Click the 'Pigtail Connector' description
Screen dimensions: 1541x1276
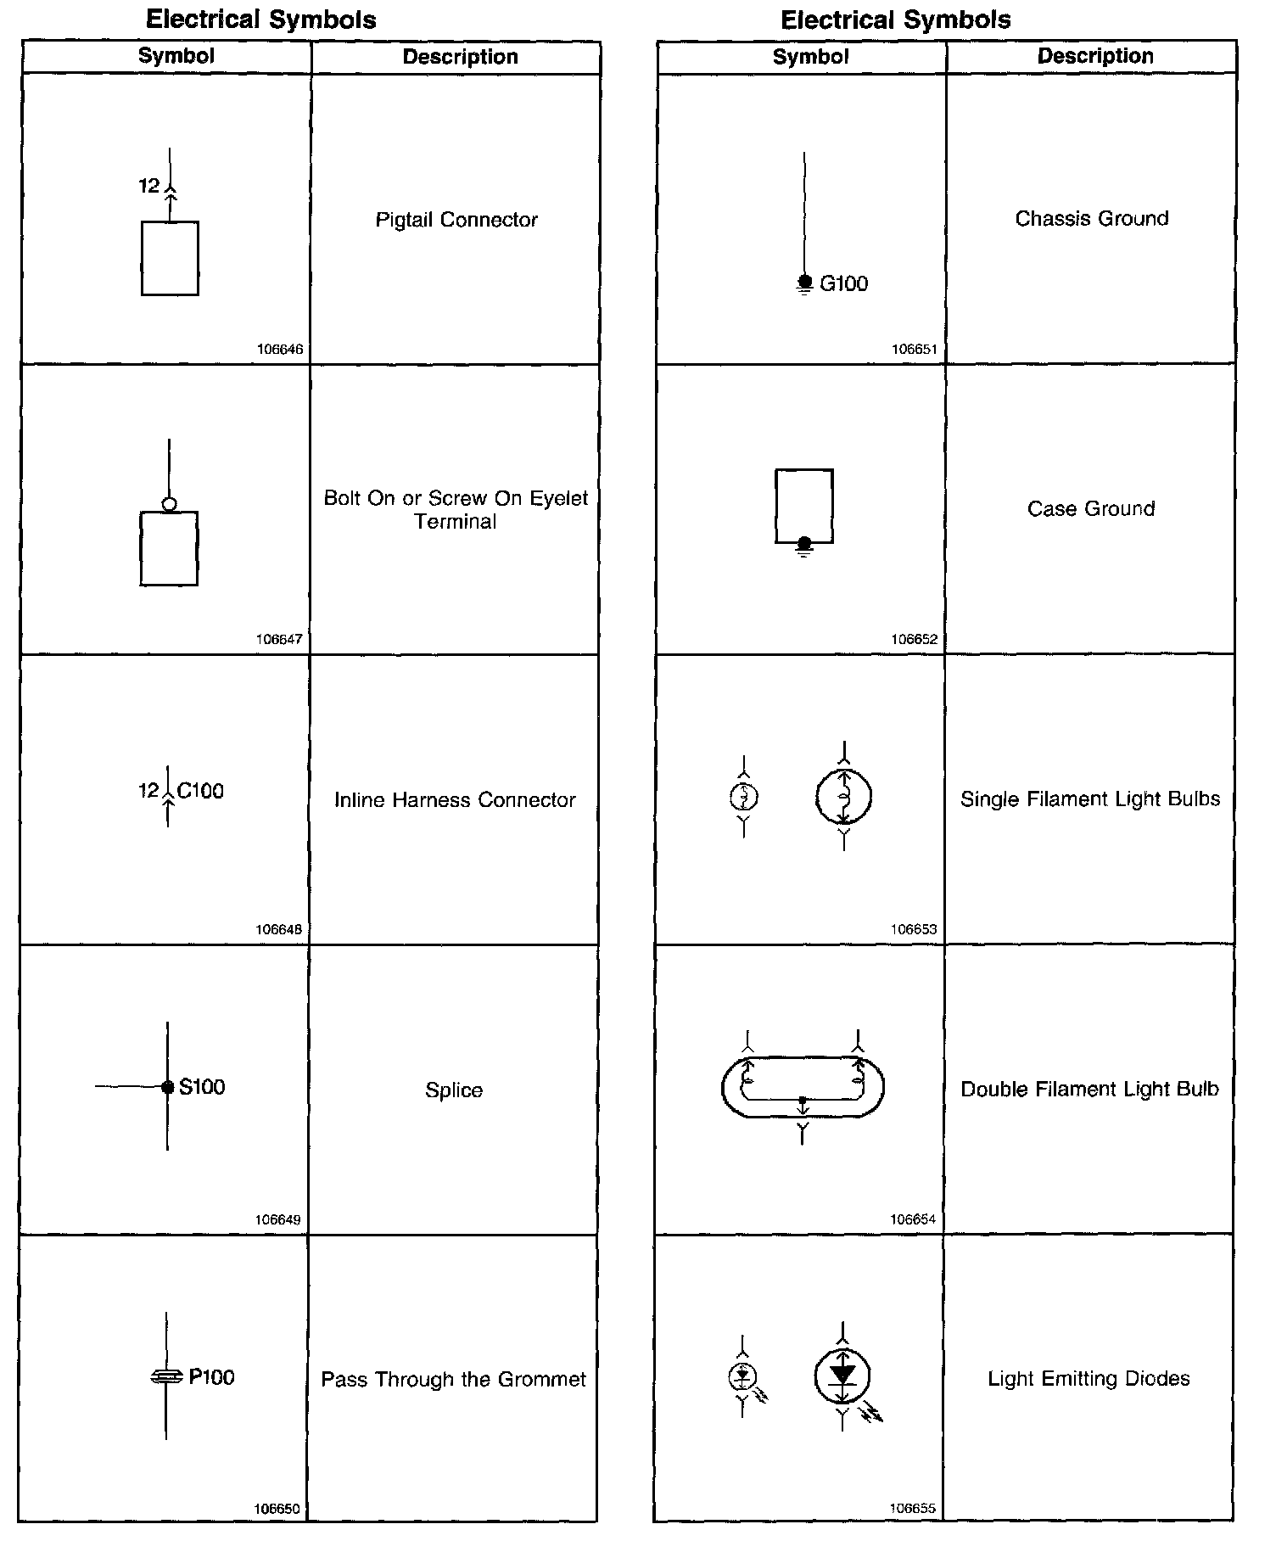click(456, 220)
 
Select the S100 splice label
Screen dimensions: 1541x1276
click(202, 1087)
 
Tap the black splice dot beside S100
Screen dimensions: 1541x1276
click(168, 1087)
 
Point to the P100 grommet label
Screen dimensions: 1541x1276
click(211, 1376)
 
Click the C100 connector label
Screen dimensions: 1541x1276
click(200, 791)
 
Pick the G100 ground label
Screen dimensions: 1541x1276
click(843, 283)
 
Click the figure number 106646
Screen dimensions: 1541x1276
click(279, 350)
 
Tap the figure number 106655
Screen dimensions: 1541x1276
click(913, 1508)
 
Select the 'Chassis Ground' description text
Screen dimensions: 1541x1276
click(1092, 218)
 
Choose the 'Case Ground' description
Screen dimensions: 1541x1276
click(1091, 508)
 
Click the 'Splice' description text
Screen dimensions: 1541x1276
click(454, 1090)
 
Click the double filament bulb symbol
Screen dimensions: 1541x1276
click(803, 1087)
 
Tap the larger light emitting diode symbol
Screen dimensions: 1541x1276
click(842, 1376)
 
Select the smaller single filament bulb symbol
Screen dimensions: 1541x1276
click(744, 797)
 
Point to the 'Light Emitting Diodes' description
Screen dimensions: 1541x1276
click(1089, 1378)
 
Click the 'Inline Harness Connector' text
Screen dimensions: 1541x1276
click(455, 799)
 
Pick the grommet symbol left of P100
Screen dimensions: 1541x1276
click(166, 1377)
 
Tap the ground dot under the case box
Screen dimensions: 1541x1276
click(804, 543)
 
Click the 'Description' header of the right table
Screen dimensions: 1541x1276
click(1094, 56)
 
